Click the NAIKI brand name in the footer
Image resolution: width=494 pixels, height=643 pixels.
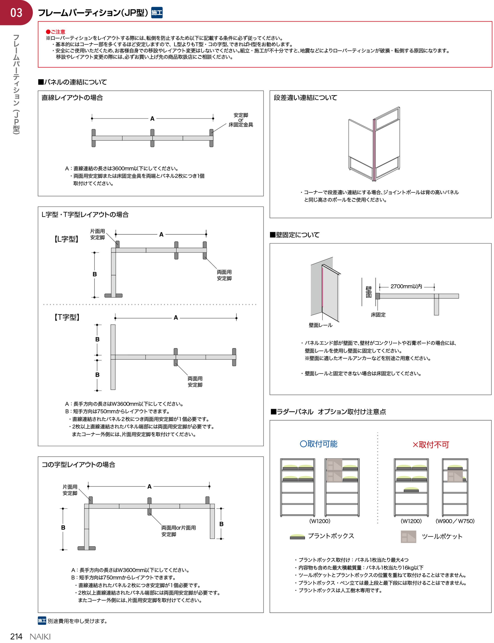coord(40,637)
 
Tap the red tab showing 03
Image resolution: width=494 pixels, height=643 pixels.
coord(16,13)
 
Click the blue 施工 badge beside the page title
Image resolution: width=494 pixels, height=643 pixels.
coord(157,13)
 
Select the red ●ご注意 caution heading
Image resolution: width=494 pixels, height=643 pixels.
coord(56,32)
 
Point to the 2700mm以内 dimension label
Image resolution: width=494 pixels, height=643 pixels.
coord(406,286)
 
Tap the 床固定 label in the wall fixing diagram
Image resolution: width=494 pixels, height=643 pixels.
coord(378,315)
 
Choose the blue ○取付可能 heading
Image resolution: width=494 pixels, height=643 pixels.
coord(318,444)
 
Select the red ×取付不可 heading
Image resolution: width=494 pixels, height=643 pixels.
coord(431,445)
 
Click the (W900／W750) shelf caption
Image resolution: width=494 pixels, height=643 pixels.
coord(455,521)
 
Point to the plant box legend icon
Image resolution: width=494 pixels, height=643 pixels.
coord(297,536)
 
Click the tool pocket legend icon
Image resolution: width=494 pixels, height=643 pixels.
coord(408,537)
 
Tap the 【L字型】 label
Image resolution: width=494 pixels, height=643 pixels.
coord(66,239)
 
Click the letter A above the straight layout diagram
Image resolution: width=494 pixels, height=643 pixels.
coord(152,119)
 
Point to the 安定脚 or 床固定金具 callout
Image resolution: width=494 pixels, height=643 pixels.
coord(241,120)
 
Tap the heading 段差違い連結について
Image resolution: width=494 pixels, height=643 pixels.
coord(305,98)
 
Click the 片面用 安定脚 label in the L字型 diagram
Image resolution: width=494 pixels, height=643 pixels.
coord(97,234)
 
